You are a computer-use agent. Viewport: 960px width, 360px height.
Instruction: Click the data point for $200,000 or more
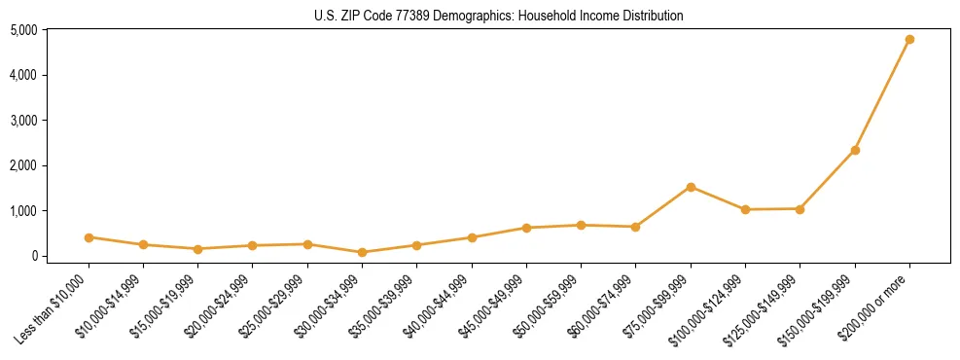click(909, 40)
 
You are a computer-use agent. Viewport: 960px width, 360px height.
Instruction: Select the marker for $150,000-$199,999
click(855, 150)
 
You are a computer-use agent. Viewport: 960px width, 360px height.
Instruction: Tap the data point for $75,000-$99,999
click(691, 187)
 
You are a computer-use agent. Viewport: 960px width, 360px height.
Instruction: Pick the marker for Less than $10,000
click(89, 237)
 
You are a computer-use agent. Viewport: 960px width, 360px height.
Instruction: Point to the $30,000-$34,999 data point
click(362, 252)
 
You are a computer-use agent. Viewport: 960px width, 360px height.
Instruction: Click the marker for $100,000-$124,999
click(745, 209)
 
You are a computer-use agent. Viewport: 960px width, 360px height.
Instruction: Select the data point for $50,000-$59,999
click(581, 225)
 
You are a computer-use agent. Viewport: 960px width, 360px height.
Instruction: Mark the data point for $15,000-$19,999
click(197, 249)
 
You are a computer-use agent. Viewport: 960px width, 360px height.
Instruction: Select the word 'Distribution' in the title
click(651, 16)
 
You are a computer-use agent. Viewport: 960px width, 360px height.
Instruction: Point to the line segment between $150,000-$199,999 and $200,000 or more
click(882, 95)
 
